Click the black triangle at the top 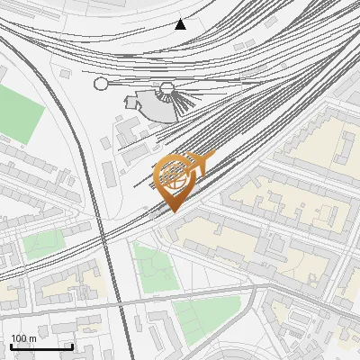pyautogui.click(x=181, y=24)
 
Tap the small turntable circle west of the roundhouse pyautogui.click(x=101, y=84)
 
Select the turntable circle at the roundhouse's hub pyautogui.click(x=166, y=87)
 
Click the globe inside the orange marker pyautogui.click(x=175, y=175)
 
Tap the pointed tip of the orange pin pyautogui.click(x=175, y=211)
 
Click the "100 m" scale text pyautogui.click(x=24, y=338)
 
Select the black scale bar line pyautogui.click(x=41, y=346)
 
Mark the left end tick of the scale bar pyautogui.click(x=11, y=346)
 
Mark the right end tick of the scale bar pyautogui.click(x=72, y=346)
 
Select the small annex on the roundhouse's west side pyautogui.click(x=132, y=101)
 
